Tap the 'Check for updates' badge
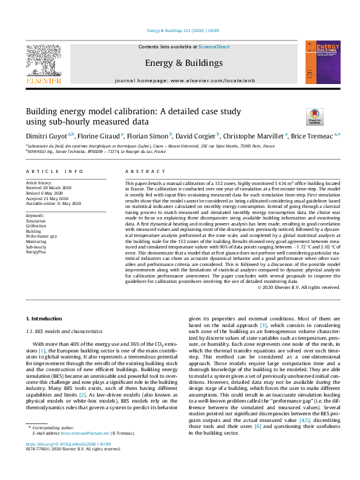[315, 117]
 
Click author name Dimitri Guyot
[47, 136]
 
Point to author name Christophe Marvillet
[253, 136]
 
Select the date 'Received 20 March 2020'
[49, 187]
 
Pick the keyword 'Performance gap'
[41, 236]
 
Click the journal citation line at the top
[180, 30]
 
